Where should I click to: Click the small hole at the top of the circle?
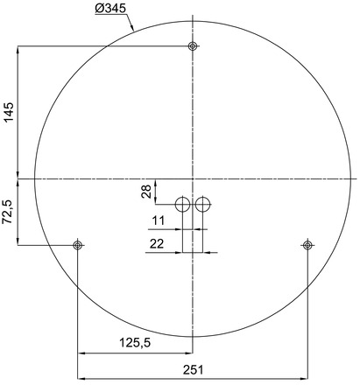coord(193,46)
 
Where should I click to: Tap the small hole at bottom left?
coord(78,245)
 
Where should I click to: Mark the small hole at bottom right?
coord(307,245)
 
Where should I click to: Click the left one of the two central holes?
coord(182,205)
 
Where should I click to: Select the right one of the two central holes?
coord(203,205)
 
